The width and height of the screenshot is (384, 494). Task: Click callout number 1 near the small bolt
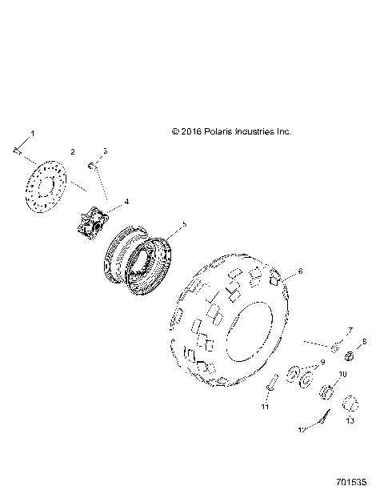[33, 131]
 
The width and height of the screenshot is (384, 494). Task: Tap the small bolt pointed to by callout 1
[18, 149]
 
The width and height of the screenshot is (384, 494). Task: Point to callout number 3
[106, 151]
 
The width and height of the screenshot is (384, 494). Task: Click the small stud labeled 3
[92, 166]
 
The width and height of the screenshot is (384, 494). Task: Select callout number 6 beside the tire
[300, 271]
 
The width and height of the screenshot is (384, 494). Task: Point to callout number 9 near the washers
[322, 362]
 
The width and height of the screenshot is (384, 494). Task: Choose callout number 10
[343, 375]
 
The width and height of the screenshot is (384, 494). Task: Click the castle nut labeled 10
[326, 392]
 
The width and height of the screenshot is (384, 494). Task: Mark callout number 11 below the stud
[265, 408]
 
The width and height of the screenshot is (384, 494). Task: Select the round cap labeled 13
[350, 403]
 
